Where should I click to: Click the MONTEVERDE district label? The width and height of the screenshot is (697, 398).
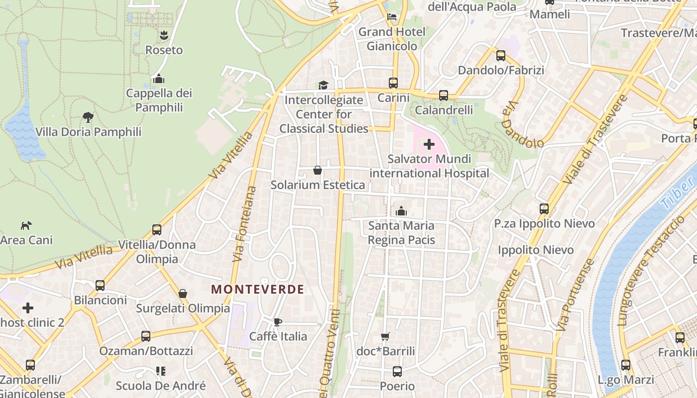(x=257, y=289)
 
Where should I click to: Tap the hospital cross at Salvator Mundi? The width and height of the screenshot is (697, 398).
(x=429, y=144)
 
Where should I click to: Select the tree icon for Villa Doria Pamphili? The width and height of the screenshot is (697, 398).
(x=88, y=117)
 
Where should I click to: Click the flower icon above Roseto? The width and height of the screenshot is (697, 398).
(x=163, y=35)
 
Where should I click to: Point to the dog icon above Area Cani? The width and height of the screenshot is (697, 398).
(x=26, y=225)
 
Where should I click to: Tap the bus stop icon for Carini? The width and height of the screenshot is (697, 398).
(x=393, y=83)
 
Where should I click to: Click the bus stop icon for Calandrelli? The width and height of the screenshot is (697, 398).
(x=444, y=95)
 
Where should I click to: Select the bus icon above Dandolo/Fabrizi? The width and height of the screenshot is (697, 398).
(x=501, y=55)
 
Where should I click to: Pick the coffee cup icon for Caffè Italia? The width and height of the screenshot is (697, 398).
(x=278, y=322)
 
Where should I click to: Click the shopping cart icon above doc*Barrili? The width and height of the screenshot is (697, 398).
(x=385, y=337)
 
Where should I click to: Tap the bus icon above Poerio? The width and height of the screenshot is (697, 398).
(x=397, y=371)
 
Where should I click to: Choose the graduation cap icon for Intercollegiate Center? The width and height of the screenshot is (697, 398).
(x=323, y=85)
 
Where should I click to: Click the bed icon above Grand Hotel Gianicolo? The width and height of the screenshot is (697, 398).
(x=392, y=17)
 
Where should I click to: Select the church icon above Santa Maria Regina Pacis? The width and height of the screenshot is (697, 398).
(x=401, y=211)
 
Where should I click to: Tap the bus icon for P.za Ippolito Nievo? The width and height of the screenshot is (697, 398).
(x=544, y=209)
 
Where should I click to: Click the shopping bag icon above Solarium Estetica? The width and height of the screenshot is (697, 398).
(x=317, y=171)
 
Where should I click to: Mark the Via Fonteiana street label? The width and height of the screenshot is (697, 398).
(x=245, y=224)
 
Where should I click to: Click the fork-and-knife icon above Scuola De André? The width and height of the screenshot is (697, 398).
(x=160, y=371)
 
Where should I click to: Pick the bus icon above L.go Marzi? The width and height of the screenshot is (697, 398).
(x=626, y=365)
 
